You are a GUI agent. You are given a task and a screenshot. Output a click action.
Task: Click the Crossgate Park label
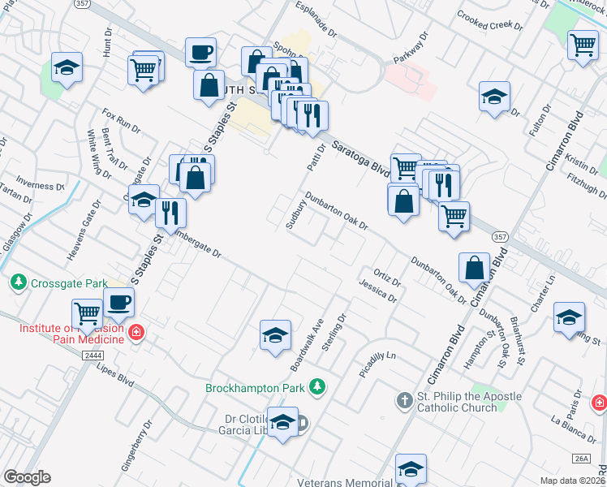point(69,283)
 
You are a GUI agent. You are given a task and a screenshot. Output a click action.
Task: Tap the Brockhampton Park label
point(258,388)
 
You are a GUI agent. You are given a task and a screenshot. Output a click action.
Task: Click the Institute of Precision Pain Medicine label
point(71,334)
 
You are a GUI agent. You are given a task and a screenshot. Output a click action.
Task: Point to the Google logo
point(27,477)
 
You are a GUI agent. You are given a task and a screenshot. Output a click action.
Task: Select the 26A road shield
point(581,459)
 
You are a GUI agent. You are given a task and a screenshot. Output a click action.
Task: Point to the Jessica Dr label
point(377,290)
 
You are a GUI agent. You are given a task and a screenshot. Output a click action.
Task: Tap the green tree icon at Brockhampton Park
point(319,387)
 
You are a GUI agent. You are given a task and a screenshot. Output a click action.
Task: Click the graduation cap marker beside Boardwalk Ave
point(275,335)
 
